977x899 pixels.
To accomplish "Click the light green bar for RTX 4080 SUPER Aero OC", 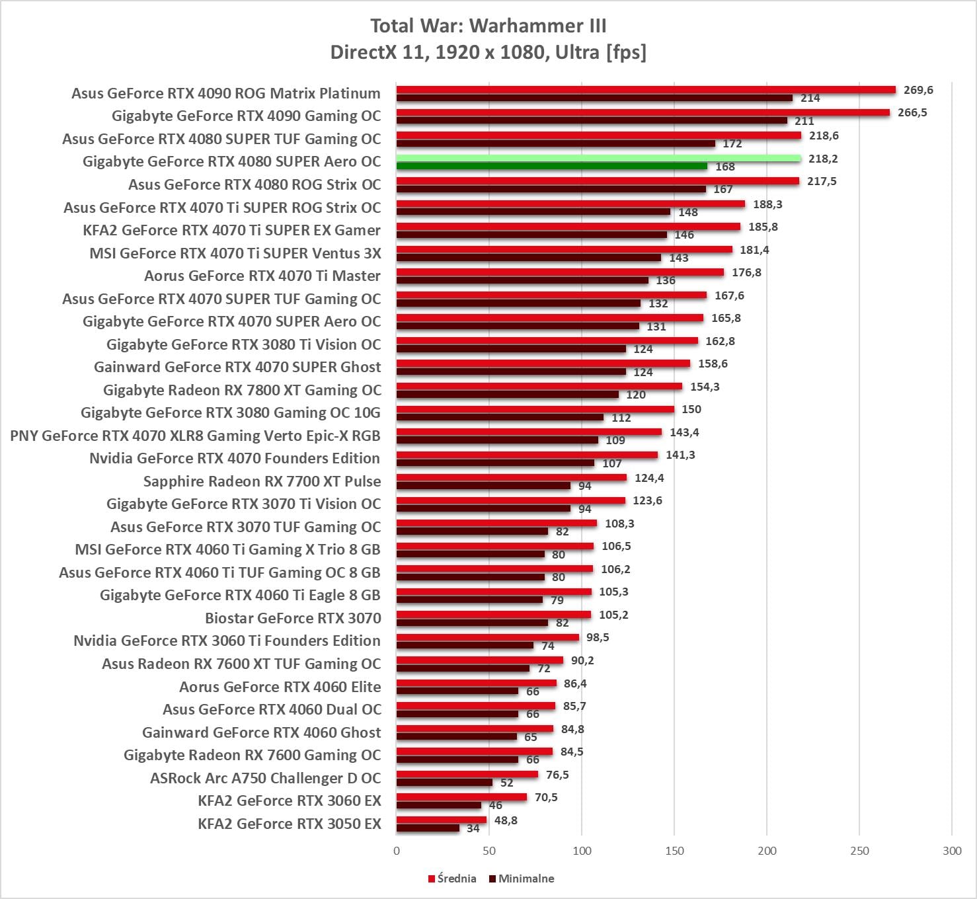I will coord(598,159).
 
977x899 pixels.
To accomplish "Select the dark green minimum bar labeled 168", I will coord(551,167).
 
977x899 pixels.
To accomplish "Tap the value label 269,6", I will coord(918,90).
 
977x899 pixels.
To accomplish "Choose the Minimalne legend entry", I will coord(522,879).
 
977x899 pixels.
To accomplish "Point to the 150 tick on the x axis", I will coord(674,851).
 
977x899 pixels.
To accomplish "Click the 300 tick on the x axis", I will coord(952,851).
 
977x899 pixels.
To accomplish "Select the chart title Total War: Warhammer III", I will coord(488,26).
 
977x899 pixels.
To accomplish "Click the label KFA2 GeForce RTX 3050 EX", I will coord(290,824).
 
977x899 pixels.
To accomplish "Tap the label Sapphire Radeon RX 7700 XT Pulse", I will coord(262,481).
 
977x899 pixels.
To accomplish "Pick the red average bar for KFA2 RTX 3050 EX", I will coord(442,820).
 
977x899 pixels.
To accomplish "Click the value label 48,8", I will coord(506,820).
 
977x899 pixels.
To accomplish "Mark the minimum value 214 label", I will coord(810,98).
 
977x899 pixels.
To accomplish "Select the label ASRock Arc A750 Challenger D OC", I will coord(266,778).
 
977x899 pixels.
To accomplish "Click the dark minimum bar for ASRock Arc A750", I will coord(444,783).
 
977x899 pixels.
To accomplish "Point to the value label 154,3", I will coord(705,387).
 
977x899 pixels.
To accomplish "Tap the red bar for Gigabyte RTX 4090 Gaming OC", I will coord(643,112).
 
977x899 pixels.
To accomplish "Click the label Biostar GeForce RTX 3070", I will coord(293,618).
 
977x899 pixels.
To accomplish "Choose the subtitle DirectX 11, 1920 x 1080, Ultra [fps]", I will coord(488,52).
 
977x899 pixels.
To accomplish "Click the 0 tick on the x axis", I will coord(397,851).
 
